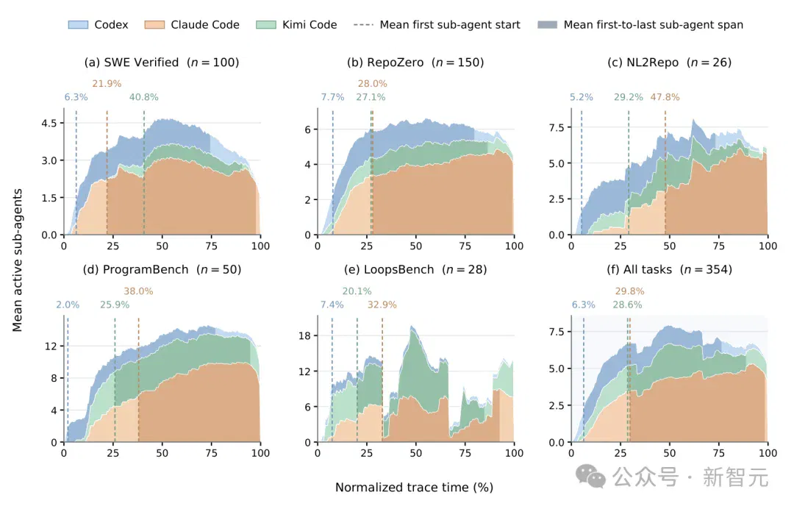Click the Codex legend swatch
click(78, 25)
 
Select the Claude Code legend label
click(205, 25)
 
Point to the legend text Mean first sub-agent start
click(450, 25)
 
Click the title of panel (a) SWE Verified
click(162, 63)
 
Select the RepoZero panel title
click(415, 63)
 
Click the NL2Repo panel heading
click(670, 63)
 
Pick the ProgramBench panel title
click(162, 269)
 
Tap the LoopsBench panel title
click(415, 269)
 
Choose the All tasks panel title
click(670, 269)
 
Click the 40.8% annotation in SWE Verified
click(144, 97)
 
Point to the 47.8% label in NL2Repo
click(665, 97)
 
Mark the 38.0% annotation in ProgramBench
click(138, 291)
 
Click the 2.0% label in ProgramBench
click(68, 305)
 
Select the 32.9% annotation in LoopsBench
click(382, 305)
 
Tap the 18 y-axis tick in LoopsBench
click(304, 336)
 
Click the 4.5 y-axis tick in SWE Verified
click(49, 123)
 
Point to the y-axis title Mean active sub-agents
click(17, 260)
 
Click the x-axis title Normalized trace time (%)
click(414, 488)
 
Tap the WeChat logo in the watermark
click(590, 477)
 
